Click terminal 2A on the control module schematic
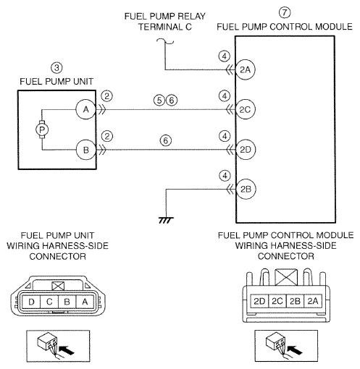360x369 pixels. [245, 69]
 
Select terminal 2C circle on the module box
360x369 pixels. [245, 109]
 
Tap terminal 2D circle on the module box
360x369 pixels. [246, 150]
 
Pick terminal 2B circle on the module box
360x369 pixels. [246, 189]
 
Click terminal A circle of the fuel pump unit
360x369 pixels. [86, 109]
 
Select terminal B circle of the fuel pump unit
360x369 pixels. [86, 150]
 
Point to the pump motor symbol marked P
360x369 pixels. [42, 130]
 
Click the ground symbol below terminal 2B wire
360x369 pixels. [166, 220]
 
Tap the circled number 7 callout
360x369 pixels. [285, 12]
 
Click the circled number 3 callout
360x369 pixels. [56, 68]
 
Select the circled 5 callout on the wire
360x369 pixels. [159, 100]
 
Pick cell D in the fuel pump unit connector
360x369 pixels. [31, 302]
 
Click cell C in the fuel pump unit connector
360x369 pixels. [49, 302]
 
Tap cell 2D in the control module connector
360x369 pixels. [259, 301]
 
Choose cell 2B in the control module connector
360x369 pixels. [295, 301]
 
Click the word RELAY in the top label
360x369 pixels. [191, 17]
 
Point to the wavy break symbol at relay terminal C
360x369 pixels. [165, 41]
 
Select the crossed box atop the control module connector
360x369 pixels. [286, 277]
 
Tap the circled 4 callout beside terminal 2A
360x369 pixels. [225, 56]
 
